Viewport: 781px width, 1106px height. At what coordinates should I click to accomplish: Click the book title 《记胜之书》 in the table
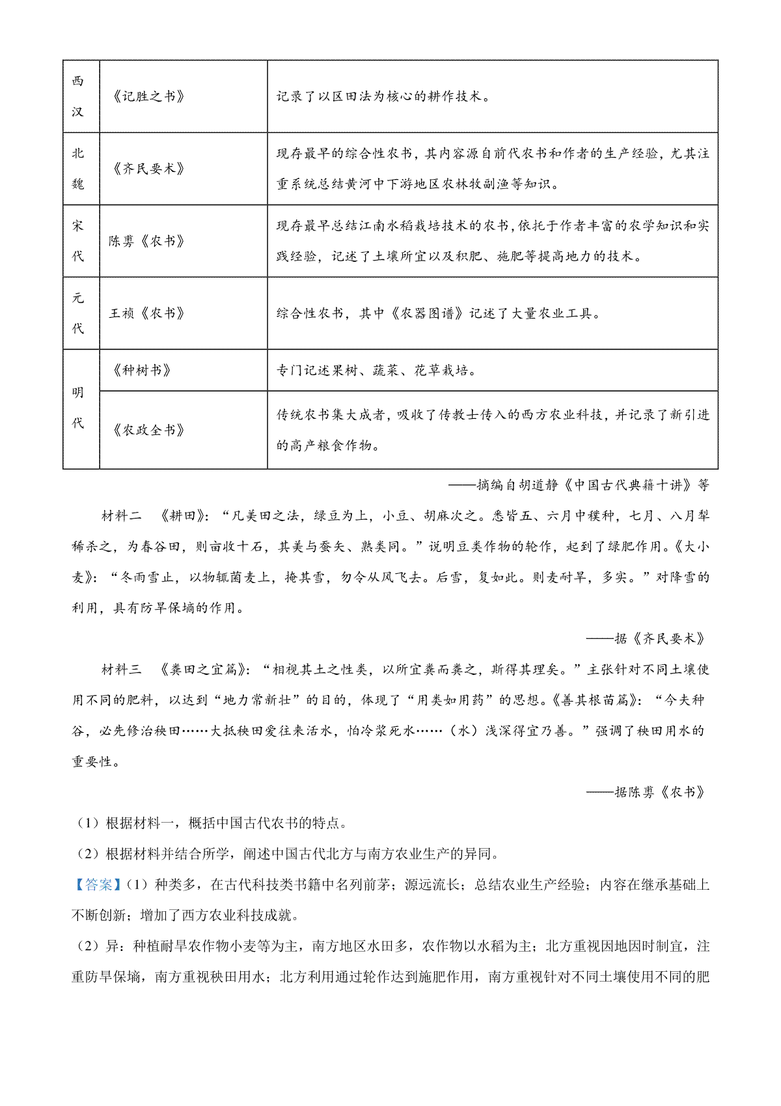pos(148,96)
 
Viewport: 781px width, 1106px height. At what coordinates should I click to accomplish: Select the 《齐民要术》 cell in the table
pos(148,169)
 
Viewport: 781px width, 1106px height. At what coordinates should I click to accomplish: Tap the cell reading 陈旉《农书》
pos(147,241)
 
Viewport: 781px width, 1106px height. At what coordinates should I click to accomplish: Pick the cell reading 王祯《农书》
pos(147,313)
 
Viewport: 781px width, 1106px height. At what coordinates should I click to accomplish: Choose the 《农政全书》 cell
pos(148,430)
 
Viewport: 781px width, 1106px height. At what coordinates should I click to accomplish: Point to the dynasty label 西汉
pos(78,96)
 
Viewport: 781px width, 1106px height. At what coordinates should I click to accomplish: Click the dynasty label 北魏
pos(78,169)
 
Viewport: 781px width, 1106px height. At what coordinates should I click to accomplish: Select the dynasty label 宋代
pos(78,241)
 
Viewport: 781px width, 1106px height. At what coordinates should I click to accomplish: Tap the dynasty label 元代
pos(78,313)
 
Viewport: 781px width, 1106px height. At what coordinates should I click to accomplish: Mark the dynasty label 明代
pos(78,408)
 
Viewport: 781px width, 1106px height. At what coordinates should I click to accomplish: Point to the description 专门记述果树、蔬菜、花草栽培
pos(376,371)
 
